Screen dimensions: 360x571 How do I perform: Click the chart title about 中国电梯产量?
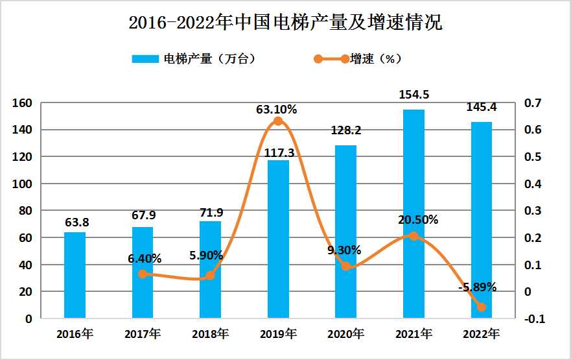tap(285, 23)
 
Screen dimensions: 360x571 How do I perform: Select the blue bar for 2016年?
tap(75, 275)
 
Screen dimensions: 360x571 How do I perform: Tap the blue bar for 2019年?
tap(278, 239)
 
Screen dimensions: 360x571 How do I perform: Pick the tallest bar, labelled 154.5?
tap(414, 214)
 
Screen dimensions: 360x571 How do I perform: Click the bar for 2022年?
tap(481, 220)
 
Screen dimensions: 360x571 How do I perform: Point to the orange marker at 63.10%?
tap(278, 121)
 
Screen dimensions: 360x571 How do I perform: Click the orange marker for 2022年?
tap(481, 307)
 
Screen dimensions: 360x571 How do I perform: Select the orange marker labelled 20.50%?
tap(414, 236)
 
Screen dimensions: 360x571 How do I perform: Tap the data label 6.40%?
tap(146, 259)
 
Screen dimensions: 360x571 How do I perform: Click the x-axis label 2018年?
tap(210, 335)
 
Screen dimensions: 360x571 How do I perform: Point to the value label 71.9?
tap(211, 212)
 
